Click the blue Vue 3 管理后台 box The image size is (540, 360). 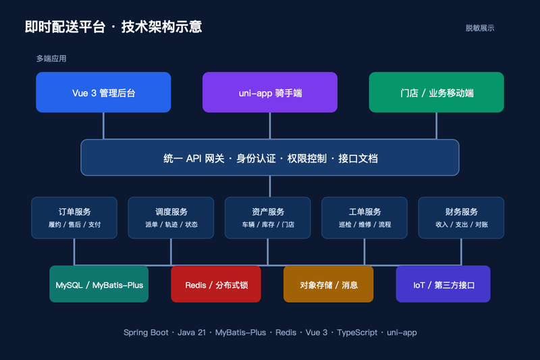103,93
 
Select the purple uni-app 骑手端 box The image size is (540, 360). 270,93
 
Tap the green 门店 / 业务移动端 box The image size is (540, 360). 436,93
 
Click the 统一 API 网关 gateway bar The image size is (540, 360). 270,157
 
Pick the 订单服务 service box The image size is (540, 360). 74,217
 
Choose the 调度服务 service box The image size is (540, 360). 171,217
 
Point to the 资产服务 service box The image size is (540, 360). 268,217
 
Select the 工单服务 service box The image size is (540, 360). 364,217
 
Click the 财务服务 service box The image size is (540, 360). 461,217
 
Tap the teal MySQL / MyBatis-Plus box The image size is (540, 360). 99,284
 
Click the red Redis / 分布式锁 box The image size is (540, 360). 216,284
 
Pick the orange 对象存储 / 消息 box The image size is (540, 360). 329,284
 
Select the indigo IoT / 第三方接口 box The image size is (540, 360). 443,284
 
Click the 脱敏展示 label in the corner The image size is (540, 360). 480,28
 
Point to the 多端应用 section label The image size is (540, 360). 51,59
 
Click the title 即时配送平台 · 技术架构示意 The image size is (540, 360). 113,27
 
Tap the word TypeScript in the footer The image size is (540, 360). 357,332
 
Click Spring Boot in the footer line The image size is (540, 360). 146,332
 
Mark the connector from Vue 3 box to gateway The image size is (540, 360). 103,126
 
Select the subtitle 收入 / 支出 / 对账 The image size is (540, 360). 462,225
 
